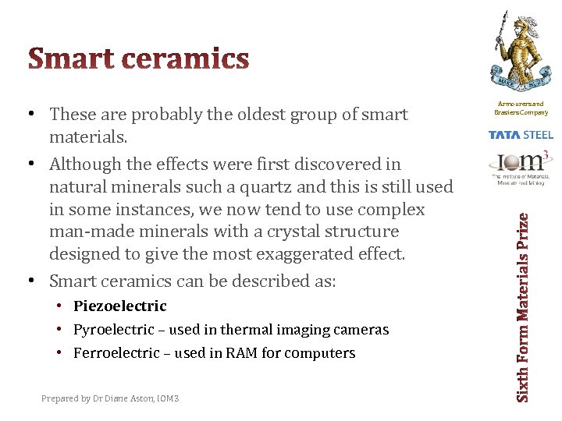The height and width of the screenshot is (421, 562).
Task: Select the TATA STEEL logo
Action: [521, 135]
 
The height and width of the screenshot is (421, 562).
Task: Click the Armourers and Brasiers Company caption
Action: [519, 108]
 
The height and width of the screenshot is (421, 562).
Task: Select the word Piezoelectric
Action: [119, 306]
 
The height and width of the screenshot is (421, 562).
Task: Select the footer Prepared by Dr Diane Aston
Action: [110, 398]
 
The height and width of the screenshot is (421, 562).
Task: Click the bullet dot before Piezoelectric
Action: [62, 306]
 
